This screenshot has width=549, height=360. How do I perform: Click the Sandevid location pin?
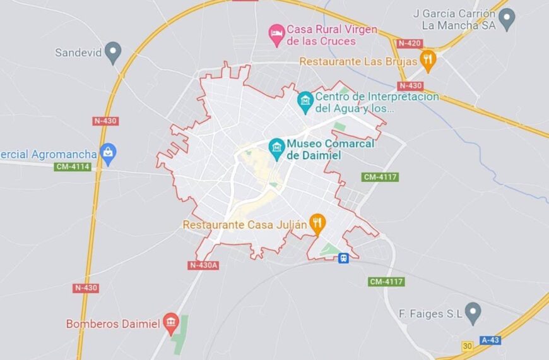click(x=113, y=52)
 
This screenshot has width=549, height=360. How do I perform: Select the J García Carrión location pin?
click(x=507, y=19)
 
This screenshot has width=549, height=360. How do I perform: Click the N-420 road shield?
click(x=410, y=43)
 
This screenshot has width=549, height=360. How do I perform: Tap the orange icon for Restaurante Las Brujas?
click(x=428, y=61)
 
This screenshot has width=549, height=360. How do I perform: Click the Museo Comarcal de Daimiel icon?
click(x=276, y=149)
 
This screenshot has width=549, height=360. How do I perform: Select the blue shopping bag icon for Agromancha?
click(x=109, y=153)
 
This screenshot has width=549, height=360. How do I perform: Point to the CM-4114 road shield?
click(x=73, y=167)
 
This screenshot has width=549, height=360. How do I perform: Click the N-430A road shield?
click(x=203, y=265)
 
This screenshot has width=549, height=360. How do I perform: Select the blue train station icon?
click(x=343, y=258)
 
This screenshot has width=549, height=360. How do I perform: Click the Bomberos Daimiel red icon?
click(x=171, y=324)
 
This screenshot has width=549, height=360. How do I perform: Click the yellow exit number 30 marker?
click(x=467, y=345)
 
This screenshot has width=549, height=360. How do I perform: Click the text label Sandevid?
click(x=78, y=52)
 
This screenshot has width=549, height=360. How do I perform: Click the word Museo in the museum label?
click(x=306, y=144)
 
